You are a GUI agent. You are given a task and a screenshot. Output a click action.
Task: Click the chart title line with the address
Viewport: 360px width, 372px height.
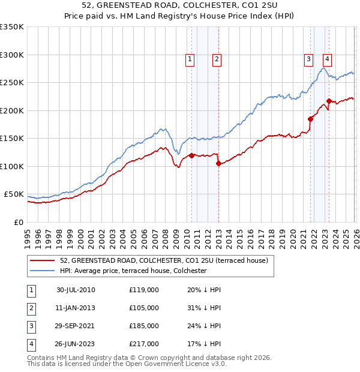pos(180,6)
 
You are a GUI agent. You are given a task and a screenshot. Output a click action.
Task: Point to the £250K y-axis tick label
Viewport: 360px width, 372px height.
pos(11,83)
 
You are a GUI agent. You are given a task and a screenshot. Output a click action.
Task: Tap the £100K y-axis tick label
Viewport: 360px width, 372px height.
pos(11,166)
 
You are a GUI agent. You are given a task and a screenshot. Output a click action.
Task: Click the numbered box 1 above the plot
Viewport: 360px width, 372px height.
pos(190,59)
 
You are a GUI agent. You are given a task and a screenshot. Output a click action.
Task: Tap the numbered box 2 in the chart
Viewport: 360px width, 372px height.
pos(216,59)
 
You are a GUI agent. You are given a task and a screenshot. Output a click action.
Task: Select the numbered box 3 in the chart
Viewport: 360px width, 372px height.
pos(308,59)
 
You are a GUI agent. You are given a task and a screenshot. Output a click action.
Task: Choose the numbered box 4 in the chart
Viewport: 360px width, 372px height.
pos(327,59)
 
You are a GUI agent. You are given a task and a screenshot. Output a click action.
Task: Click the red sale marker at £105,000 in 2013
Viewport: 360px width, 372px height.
pos(218,164)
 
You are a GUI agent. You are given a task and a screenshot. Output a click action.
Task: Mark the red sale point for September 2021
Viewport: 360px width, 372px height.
pos(311,119)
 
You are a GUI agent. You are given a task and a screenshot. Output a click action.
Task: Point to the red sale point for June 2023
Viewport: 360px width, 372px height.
pos(329,101)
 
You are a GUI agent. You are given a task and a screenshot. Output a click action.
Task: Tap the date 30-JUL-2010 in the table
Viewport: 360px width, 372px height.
pos(76,290)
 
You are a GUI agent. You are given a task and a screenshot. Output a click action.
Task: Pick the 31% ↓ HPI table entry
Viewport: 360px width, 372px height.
pos(204,308)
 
